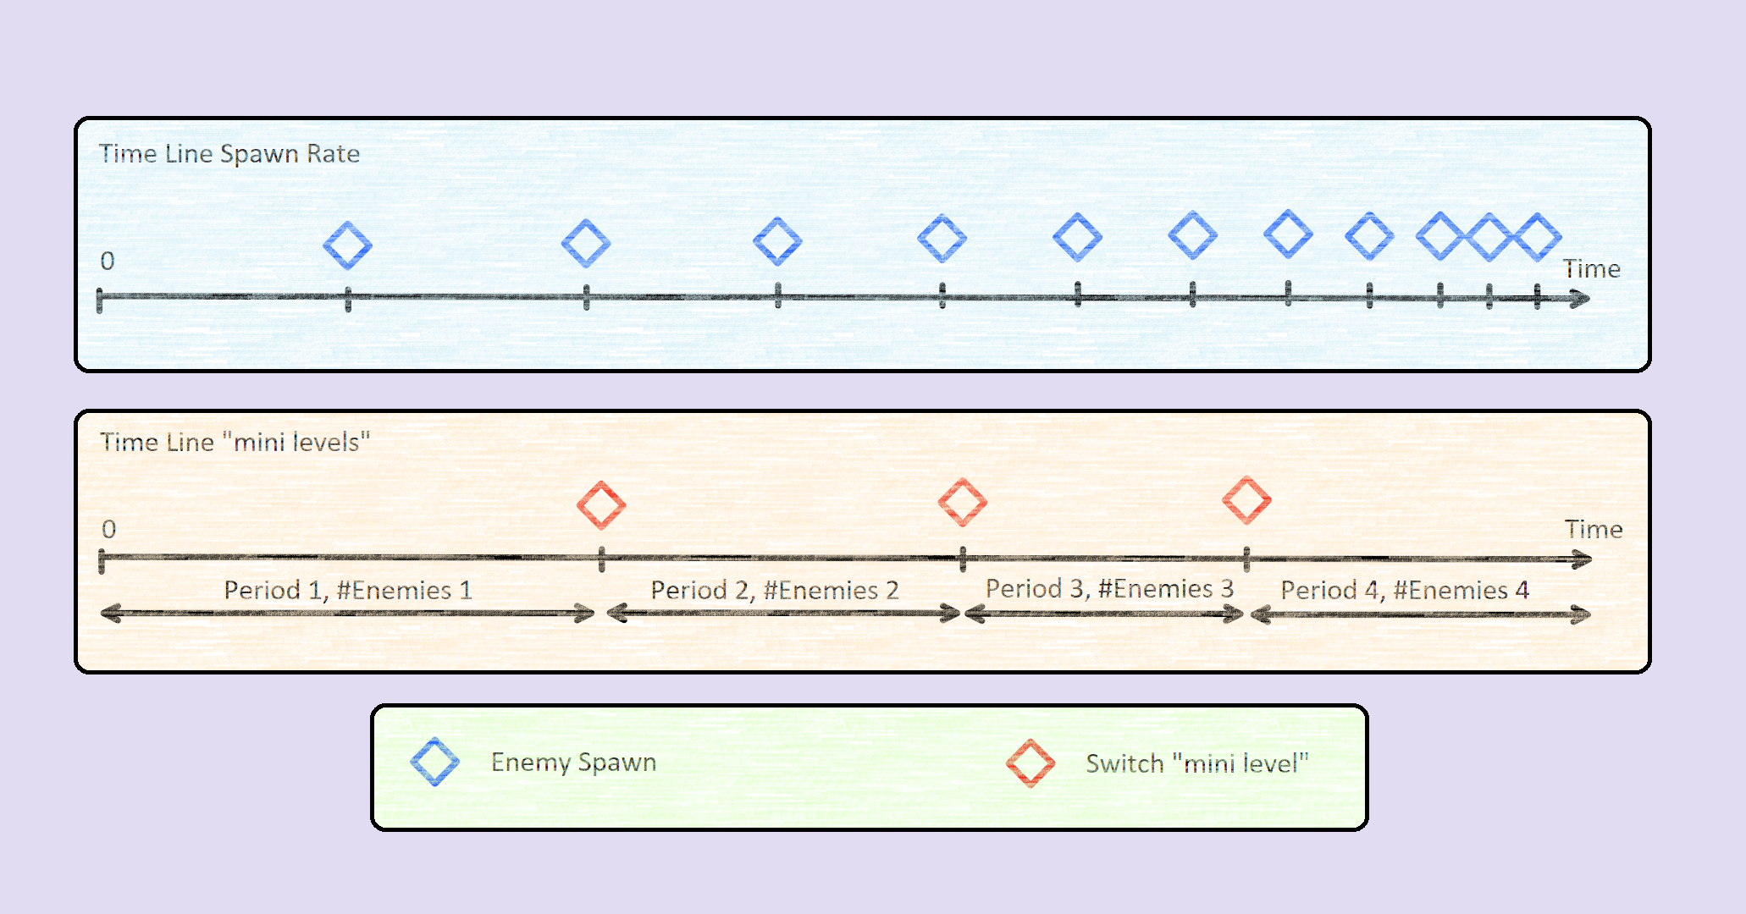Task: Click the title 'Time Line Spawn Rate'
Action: (229, 154)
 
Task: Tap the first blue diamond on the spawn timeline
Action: (347, 245)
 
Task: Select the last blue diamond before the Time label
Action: (1538, 237)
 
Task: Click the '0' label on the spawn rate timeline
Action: (108, 261)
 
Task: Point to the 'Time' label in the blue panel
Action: (1591, 269)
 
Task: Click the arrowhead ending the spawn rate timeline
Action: (1580, 299)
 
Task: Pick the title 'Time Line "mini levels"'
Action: (235, 442)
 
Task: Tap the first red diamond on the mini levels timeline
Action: (601, 505)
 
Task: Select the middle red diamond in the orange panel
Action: (963, 502)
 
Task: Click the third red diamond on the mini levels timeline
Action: (1246, 499)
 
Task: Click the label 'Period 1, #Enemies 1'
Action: (347, 590)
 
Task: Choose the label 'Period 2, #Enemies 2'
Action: (774, 590)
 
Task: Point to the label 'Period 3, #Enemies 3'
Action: (1109, 588)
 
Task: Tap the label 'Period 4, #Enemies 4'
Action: (1404, 590)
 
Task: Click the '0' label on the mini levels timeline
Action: (108, 529)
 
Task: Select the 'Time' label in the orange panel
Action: (1593, 530)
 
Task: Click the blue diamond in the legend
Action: (434, 762)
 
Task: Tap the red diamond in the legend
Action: (1030, 763)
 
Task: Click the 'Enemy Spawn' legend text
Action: (573, 763)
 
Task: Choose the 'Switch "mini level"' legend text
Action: (1196, 763)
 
